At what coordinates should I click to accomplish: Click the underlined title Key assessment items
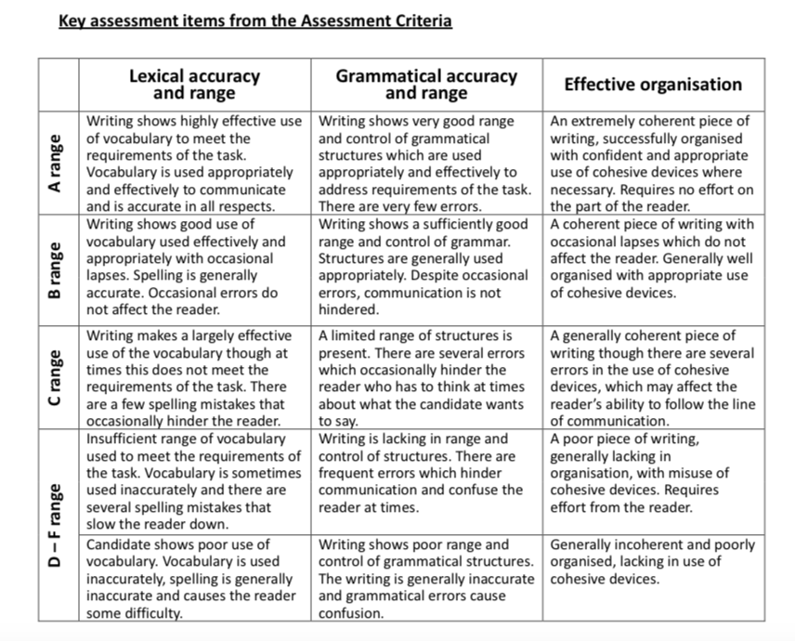254,20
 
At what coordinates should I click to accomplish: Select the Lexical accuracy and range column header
194,85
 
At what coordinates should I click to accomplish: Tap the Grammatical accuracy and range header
426,85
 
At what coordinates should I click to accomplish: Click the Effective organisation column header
653,85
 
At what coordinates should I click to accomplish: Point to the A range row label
57,164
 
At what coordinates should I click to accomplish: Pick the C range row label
57,376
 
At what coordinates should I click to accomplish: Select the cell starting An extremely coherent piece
653,164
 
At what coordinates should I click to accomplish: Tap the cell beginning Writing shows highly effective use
194,164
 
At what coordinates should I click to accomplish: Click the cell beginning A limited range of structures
426,376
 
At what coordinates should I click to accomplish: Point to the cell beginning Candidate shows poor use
194,579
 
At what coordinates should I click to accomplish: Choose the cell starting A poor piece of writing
653,474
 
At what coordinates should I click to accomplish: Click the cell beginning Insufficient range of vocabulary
194,482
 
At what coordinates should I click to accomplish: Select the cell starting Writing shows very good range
426,164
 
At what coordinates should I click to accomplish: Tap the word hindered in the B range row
348,310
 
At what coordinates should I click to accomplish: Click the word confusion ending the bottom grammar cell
351,613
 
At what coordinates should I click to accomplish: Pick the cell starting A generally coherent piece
653,376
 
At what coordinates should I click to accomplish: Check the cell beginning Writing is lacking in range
426,474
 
